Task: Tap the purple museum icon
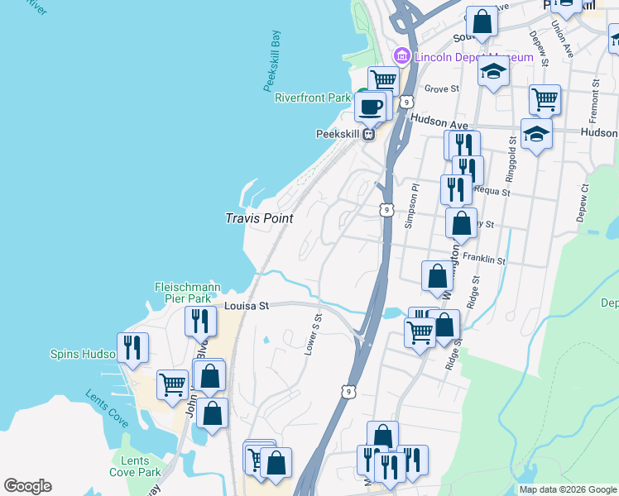(x=401, y=55)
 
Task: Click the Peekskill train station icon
(x=368, y=134)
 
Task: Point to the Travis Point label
(x=260, y=218)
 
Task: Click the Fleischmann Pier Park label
(x=187, y=293)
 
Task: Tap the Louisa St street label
(x=247, y=306)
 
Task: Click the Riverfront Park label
(x=313, y=98)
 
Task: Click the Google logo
(x=27, y=486)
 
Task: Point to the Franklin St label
(x=484, y=259)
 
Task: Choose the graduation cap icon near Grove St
(x=493, y=72)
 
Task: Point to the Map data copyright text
(x=567, y=489)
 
